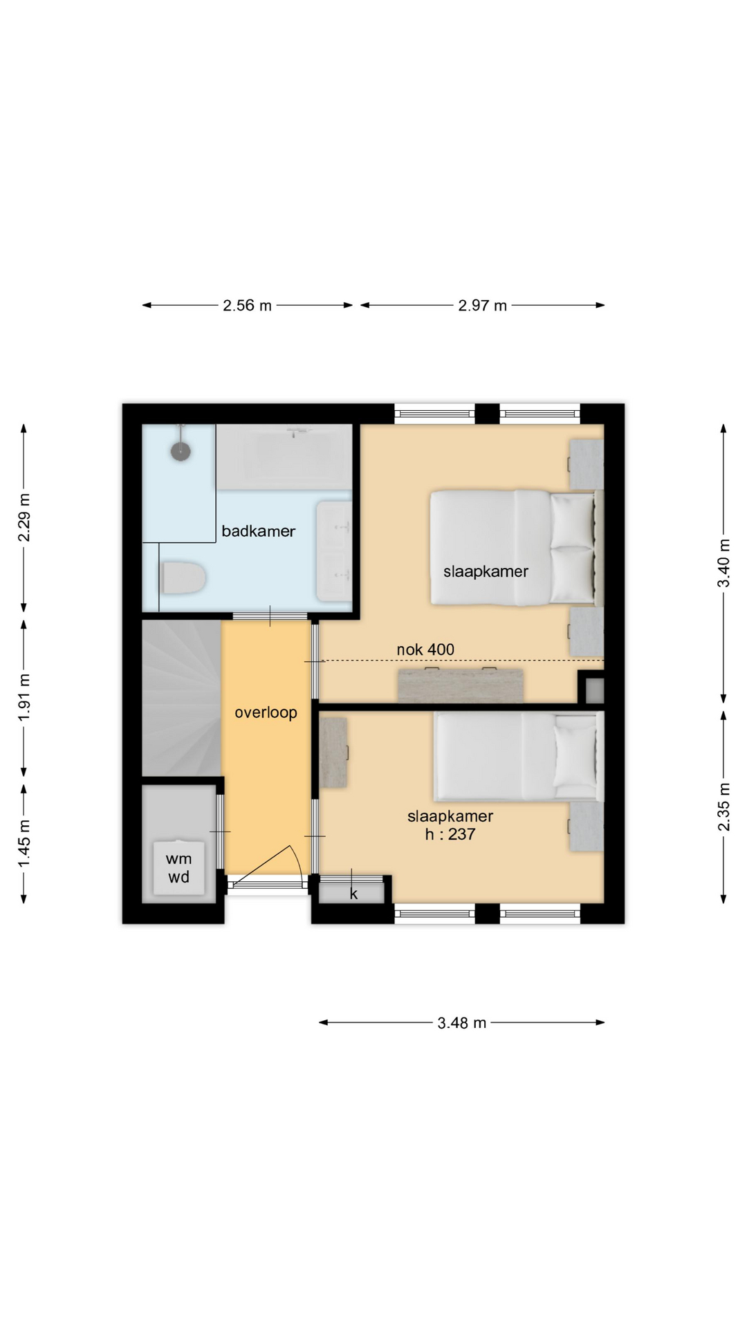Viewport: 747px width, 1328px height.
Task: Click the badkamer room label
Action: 258,531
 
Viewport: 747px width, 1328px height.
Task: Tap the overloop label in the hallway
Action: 266,712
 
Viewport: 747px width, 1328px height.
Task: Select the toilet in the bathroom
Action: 183,578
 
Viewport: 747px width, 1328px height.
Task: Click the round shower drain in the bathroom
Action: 181,451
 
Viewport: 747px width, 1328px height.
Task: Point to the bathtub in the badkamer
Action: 284,456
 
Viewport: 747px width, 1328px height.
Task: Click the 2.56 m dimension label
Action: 247,305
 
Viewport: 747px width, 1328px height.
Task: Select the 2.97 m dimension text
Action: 482,305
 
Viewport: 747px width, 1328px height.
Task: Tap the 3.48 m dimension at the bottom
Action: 461,1022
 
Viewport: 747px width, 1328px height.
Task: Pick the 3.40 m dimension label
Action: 723,563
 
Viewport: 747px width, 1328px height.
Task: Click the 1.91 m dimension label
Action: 24,697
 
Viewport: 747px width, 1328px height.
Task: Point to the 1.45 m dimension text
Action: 24,843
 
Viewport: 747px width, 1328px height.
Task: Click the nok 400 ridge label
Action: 425,649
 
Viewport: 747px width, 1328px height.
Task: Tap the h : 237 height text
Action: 450,834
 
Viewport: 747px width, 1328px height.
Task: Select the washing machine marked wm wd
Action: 178,868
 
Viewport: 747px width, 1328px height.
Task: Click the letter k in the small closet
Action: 353,894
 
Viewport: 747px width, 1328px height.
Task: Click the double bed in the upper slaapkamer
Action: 516,548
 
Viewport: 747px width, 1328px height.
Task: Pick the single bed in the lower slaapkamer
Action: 519,757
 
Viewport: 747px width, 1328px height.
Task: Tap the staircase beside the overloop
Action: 181,699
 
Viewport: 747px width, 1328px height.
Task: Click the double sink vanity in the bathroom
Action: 334,551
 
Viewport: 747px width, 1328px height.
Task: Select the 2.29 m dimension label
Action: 24,517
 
